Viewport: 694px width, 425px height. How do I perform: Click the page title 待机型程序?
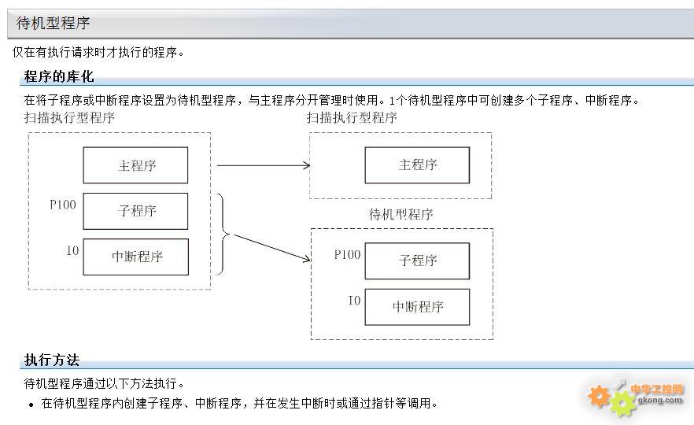click(x=54, y=23)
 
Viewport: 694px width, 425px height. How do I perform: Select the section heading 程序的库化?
click(x=59, y=76)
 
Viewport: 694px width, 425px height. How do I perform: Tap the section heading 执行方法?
click(x=52, y=360)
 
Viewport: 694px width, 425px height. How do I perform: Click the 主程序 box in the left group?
click(x=135, y=165)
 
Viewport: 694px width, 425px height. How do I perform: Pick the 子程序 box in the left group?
click(x=135, y=211)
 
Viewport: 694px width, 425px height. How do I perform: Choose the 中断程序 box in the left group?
click(x=136, y=257)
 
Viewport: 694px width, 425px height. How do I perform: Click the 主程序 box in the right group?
click(x=417, y=165)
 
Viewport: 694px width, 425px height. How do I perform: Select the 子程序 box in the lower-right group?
click(x=417, y=261)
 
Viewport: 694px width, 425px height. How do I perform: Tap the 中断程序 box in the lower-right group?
click(x=417, y=307)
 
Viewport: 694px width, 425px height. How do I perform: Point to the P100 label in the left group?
click(x=63, y=205)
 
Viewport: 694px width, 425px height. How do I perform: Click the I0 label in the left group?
click(x=72, y=250)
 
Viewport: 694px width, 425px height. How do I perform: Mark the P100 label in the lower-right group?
click(x=348, y=254)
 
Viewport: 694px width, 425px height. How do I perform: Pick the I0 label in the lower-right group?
click(x=355, y=301)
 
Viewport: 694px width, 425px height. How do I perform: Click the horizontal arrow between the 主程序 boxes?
click(x=264, y=165)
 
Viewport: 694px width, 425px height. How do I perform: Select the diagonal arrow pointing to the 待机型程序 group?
click(x=271, y=247)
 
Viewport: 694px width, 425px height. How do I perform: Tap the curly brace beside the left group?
click(x=223, y=234)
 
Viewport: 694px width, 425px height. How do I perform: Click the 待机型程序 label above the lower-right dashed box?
click(x=401, y=215)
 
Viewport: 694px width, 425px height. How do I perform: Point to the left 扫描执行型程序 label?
click(x=69, y=117)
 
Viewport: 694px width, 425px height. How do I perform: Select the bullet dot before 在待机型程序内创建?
click(x=31, y=405)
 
